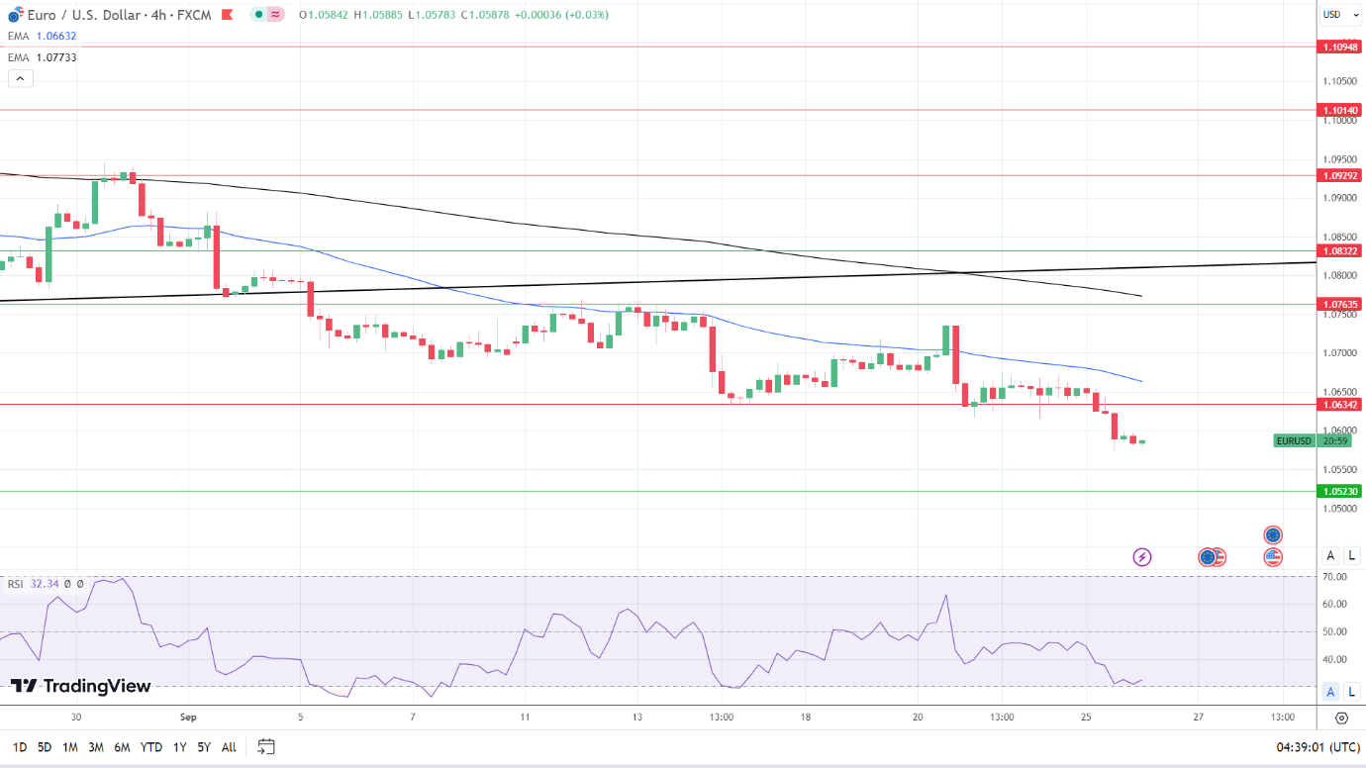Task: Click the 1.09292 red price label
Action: point(1339,175)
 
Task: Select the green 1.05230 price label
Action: point(1339,491)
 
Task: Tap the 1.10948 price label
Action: point(1339,47)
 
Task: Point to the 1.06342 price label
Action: point(1339,404)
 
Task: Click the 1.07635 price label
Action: point(1339,304)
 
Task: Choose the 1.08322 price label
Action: point(1339,250)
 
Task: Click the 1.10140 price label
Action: point(1339,110)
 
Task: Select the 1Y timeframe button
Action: point(179,747)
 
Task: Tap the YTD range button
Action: point(151,747)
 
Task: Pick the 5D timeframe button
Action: point(45,747)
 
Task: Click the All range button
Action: point(229,747)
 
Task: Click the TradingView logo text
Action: point(81,686)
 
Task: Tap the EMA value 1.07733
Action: point(55,57)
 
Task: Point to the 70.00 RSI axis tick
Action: point(1334,576)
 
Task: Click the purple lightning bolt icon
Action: point(1142,557)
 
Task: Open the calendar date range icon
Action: point(265,746)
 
